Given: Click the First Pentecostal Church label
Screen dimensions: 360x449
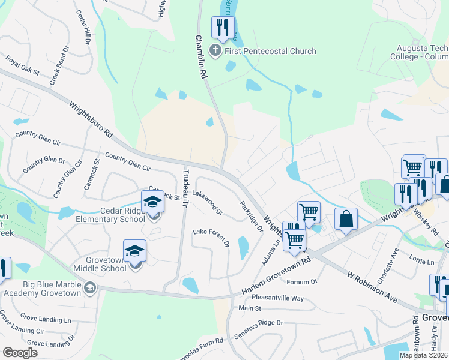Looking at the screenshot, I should [270, 51].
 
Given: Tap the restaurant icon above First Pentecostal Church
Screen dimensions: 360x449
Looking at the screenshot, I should [223, 28].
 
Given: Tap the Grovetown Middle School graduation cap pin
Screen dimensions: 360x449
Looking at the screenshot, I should [134, 251].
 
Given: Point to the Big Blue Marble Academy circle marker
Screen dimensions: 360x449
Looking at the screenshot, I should [90, 288].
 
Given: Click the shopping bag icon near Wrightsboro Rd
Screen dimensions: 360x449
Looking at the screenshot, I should [346, 220].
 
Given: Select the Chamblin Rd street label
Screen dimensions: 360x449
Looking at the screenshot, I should [200, 57].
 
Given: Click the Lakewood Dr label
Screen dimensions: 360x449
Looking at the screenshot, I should [208, 203].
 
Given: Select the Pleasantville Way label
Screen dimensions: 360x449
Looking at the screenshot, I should [278, 298].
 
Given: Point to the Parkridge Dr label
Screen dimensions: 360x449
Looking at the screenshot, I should [251, 216].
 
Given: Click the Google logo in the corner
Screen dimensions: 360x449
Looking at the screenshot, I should [20, 352].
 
